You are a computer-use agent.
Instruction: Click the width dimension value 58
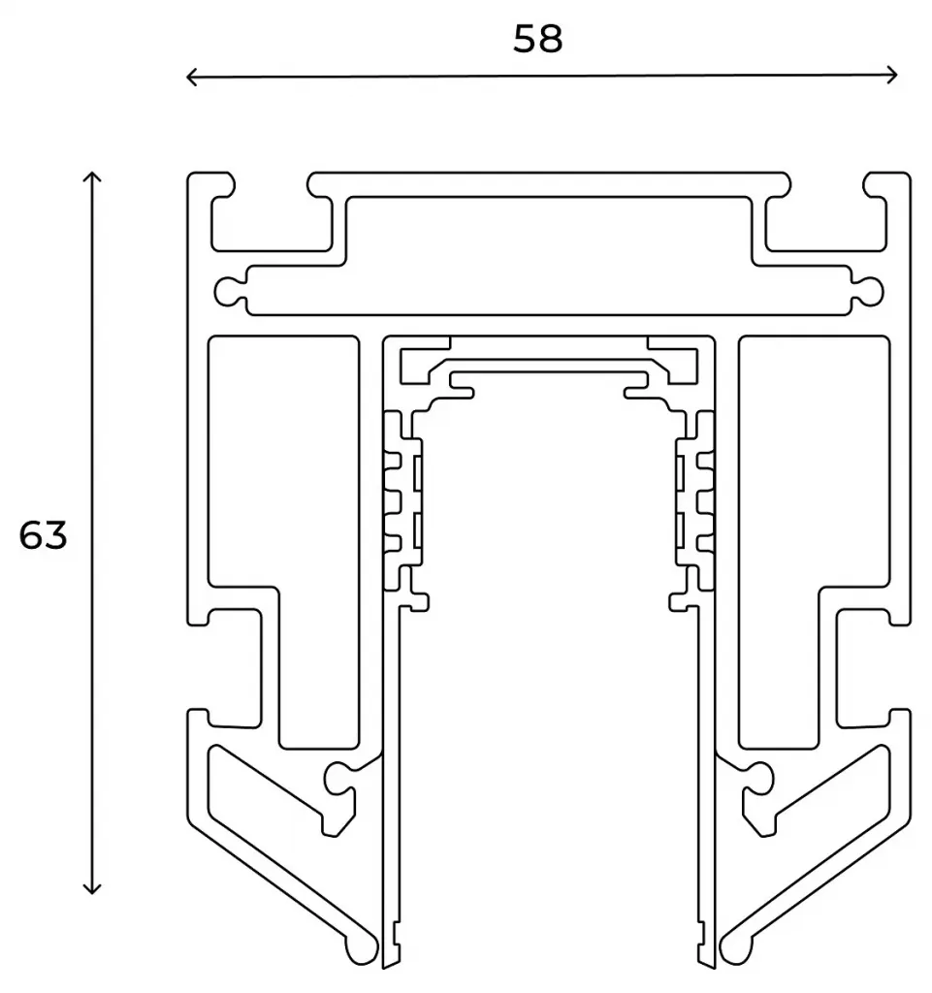537,39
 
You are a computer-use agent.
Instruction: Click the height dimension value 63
43,535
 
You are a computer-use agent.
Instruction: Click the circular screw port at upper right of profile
870,291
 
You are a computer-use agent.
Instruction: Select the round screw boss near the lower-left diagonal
339,777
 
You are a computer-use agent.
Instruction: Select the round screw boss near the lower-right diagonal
757,777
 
